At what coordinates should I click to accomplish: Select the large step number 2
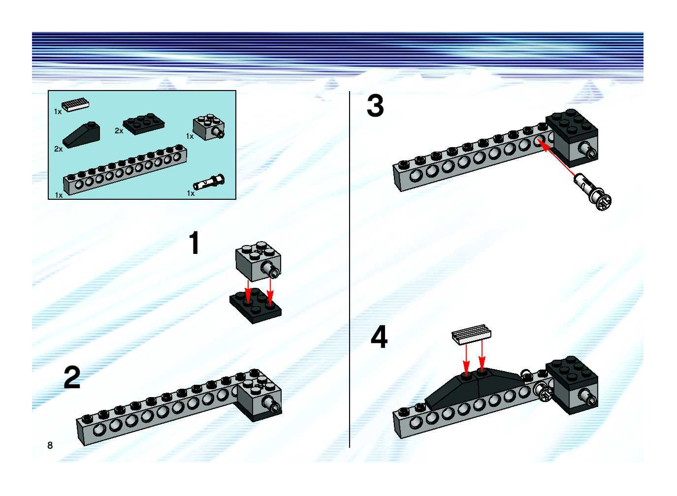click(x=72, y=377)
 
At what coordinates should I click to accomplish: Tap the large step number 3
click(x=375, y=106)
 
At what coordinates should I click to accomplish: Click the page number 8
click(x=50, y=445)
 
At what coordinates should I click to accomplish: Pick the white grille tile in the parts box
click(x=75, y=105)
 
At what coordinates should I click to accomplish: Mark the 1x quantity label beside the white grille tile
click(x=58, y=112)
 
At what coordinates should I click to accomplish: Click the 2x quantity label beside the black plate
click(x=119, y=131)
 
